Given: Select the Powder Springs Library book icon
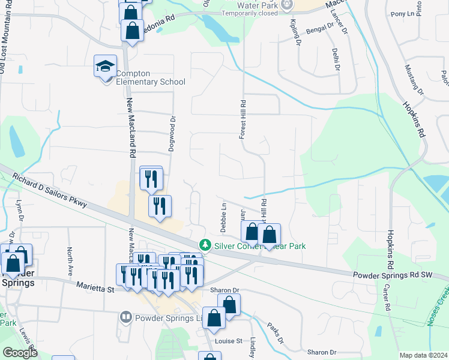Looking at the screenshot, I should [125, 316].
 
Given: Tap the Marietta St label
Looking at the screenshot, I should [95, 289].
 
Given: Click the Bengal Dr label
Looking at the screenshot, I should [319, 28].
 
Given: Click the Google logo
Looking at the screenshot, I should [20, 353].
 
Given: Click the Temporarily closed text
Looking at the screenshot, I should [249, 13].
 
